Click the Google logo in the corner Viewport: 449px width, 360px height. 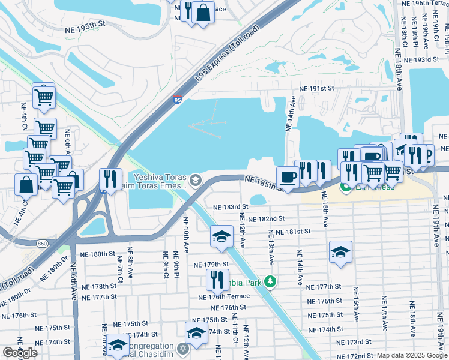click(x=20, y=353)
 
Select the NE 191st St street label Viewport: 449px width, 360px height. click(x=312, y=88)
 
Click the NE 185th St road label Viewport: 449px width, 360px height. click(x=265, y=182)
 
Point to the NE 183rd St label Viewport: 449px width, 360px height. click(x=231, y=207)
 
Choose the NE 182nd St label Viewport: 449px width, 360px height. click(x=266, y=220)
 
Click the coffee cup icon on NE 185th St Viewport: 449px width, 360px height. click(x=288, y=176)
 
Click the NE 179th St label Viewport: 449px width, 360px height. click(x=211, y=265)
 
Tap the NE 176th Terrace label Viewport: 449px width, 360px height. click(x=223, y=297)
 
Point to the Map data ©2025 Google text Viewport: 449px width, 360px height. click(x=411, y=355)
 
